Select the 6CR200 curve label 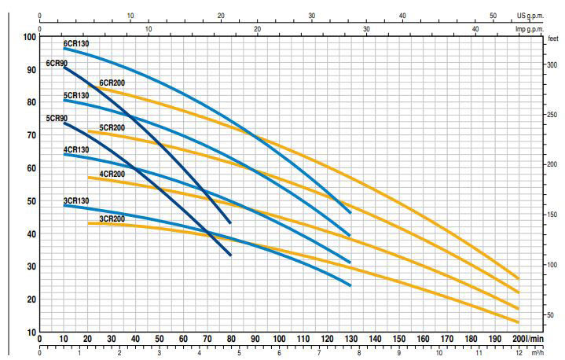(x=112, y=83)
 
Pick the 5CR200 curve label (x=112, y=127)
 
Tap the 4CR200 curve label (x=112, y=173)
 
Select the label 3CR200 (x=112, y=218)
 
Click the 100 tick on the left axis (x=30, y=37)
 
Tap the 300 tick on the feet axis (x=552, y=65)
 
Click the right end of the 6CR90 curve (x=230, y=222)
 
